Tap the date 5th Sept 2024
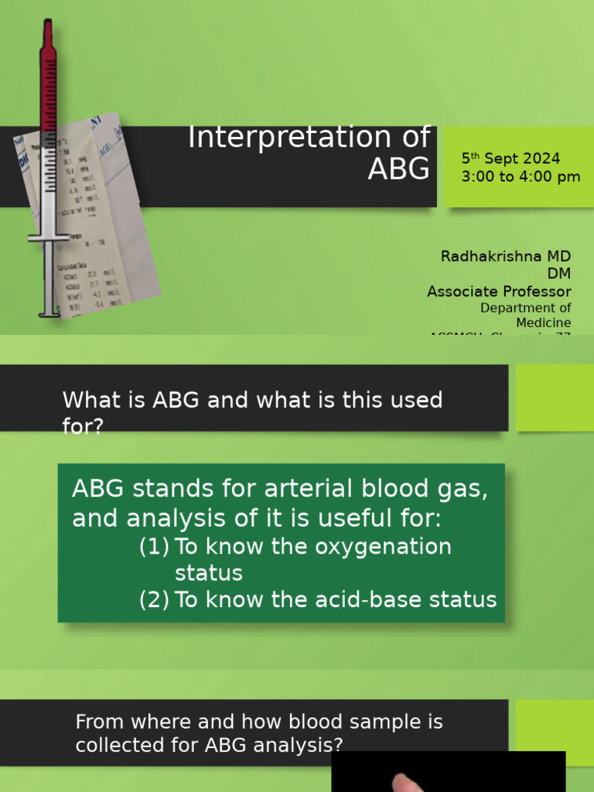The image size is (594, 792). pyautogui.click(x=510, y=159)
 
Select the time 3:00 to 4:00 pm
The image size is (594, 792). pyautogui.click(x=521, y=177)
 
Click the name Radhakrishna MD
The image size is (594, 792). pyautogui.click(x=506, y=256)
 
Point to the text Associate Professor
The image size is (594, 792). pyautogui.click(x=499, y=292)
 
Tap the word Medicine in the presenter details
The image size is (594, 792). pyautogui.click(x=544, y=323)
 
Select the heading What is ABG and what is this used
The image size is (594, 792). pyautogui.click(x=252, y=400)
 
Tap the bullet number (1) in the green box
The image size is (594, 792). pyautogui.click(x=154, y=547)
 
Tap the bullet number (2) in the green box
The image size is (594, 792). pyautogui.click(x=154, y=599)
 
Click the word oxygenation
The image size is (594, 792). pyautogui.click(x=383, y=547)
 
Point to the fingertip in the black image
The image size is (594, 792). pyautogui.click(x=407, y=783)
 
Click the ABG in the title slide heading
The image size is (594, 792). pyautogui.click(x=398, y=168)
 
